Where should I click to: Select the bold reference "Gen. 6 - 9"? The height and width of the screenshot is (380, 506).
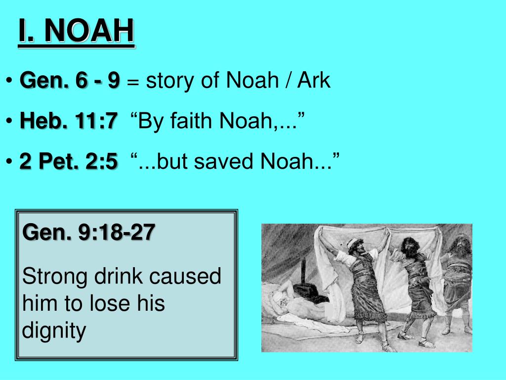[70, 81]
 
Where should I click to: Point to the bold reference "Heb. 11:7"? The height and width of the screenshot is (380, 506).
[69, 121]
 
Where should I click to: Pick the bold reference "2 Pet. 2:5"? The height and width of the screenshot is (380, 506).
[69, 161]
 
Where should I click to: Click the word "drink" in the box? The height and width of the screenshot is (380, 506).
[117, 276]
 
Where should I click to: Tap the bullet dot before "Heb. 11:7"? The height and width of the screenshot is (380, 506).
[9, 121]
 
